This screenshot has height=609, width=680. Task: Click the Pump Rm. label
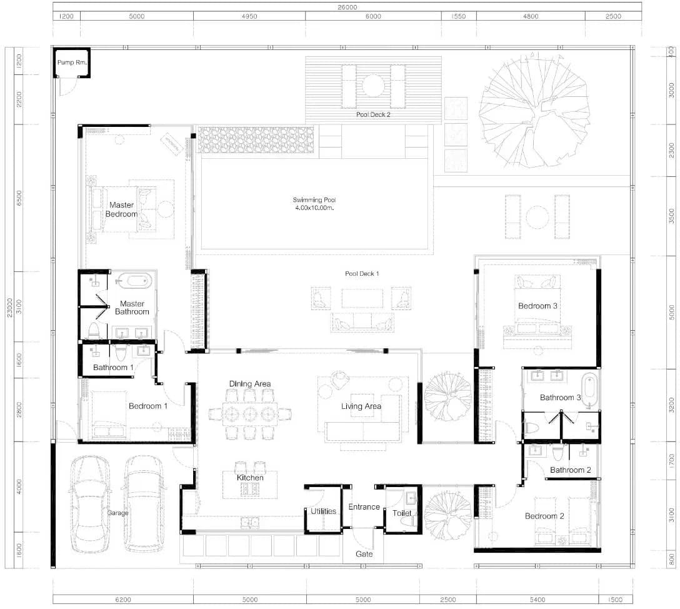click(x=72, y=62)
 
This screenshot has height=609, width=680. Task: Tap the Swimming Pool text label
click(x=314, y=200)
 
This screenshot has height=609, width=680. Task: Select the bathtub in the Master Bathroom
click(x=134, y=281)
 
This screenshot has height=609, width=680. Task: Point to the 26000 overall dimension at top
click(x=347, y=7)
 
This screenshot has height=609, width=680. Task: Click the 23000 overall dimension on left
click(x=10, y=308)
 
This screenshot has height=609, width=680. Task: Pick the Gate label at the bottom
click(x=364, y=554)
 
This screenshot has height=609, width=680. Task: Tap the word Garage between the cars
click(x=118, y=513)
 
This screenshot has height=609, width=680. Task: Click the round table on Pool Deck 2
click(x=373, y=86)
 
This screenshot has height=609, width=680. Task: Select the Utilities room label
click(x=323, y=511)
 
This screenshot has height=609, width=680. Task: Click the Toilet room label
click(x=402, y=513)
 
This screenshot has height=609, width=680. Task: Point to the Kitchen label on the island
click(x=250, y=478)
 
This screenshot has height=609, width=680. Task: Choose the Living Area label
click(x=361, y=406)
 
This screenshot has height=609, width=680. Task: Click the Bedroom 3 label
click(x=537, y=306)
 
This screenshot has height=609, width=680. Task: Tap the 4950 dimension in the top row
click(x=249, y=16)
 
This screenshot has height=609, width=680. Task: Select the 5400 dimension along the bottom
click(x=537, y=600)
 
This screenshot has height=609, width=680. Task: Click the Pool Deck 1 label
click(x=362, y=274)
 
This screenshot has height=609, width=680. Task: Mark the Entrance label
click(x=364, y=506)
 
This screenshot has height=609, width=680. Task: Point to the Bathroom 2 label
click(x=570, y=470)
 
